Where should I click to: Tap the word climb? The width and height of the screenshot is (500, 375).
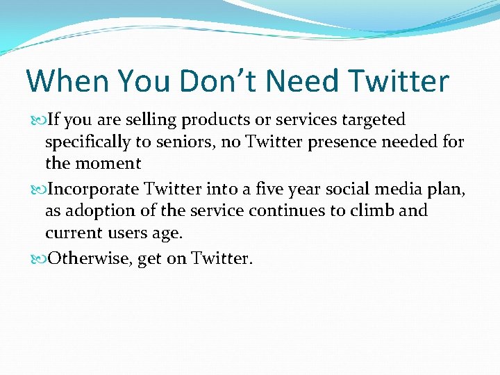click(x=377, y=210)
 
